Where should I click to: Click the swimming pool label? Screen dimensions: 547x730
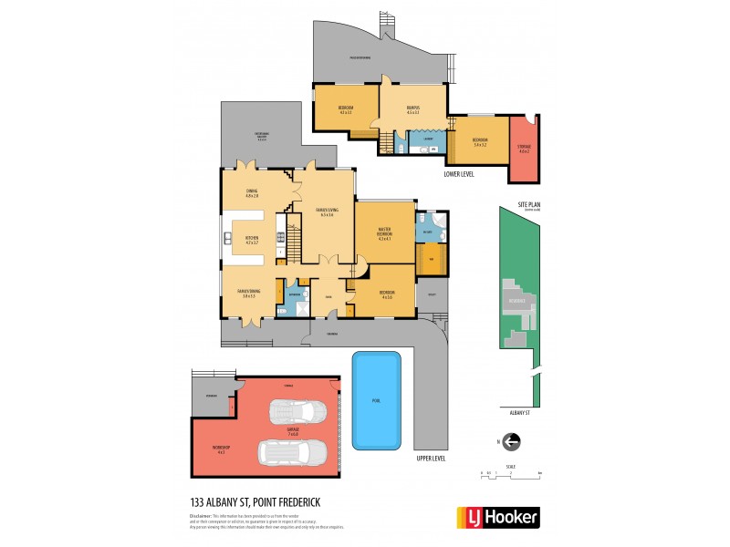pos(376,401)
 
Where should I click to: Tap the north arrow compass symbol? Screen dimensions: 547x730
pos(511,442)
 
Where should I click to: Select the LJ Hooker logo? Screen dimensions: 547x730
pos(497,517)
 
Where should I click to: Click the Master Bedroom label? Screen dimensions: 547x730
pos(384,236)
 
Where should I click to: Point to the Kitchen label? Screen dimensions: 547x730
pos(252,240)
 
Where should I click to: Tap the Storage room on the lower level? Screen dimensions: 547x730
pos(524,149)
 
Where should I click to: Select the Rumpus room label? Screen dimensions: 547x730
pos(412,110)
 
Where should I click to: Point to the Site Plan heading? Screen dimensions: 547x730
pos(529,205)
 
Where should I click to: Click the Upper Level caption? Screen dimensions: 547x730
pos(430,458)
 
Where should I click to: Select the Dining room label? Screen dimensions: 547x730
pos(251,193)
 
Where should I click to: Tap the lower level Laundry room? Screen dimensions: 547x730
pos(415,139)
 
